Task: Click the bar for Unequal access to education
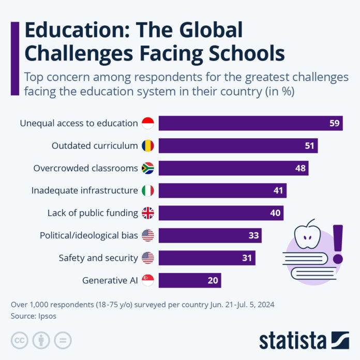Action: [x=251, y=123]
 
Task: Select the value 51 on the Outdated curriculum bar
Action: [x=309, y=146]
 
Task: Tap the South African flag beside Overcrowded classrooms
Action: [x=147, y=168]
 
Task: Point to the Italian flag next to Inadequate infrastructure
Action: [x=147, y=191]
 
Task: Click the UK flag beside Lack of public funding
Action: [x=147, y=213]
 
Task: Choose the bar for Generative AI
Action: [x=190, y=281]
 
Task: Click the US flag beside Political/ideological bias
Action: [x=147, y=236]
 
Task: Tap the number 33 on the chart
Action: [x=253, y=236]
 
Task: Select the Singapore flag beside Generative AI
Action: [x=147, y=281]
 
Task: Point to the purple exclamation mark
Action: [x=338, y=244]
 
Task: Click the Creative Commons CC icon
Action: [x=20, y=340]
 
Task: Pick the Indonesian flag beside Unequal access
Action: [x=147, y=123]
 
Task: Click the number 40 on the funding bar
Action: [x=275, y=213]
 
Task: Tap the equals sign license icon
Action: [x=63, y=340]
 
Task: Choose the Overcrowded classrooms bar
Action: [x=233, y=168]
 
